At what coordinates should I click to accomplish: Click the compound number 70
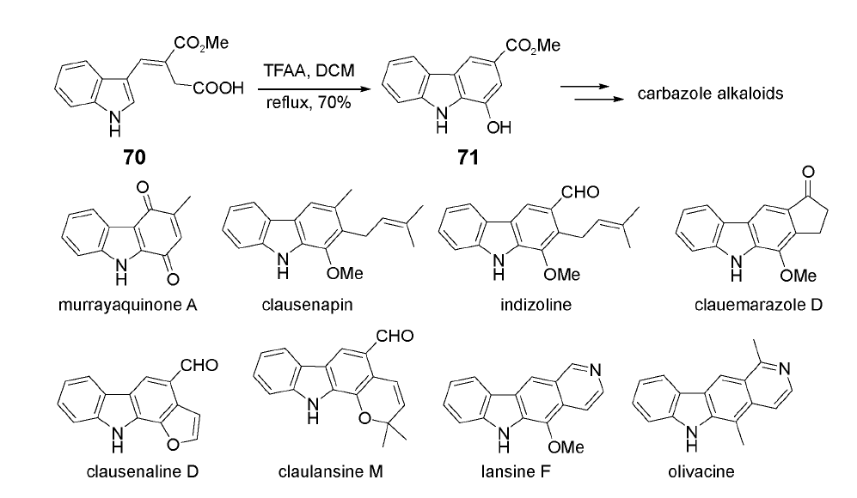coord(133,157)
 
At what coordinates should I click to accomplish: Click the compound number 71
coord(469,157)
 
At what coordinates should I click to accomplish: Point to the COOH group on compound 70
coord(221,88)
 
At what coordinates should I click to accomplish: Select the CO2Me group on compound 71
coord(532,47)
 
